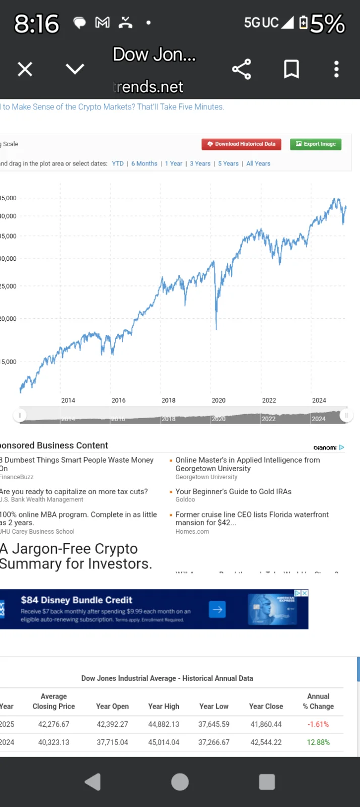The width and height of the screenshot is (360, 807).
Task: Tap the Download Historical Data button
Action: tap(242, 144)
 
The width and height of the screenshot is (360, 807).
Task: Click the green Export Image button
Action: tap(316, 144)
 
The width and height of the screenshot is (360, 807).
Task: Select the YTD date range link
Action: tap(118, 163)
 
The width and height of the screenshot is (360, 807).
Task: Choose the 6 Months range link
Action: tap(144, 163)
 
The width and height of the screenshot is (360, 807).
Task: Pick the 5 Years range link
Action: tap(228, 163)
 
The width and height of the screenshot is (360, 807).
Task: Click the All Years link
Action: tap(258, 163)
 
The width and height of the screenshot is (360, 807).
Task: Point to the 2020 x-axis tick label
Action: tap(218, 400)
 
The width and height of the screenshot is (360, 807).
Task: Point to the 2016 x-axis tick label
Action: tap(118, 400)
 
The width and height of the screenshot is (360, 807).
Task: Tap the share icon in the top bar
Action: tap(242, 69)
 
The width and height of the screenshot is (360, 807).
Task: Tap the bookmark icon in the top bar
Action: tap(291, 69)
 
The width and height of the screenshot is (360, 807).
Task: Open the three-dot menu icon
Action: tap(336, 69)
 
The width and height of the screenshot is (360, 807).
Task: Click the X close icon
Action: tap(25, 69)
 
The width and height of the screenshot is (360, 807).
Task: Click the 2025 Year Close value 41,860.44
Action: tap(266, 724)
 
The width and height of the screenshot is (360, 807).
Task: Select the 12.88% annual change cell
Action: tap(318, 742)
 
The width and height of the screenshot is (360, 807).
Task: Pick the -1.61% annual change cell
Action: tap(318, 724)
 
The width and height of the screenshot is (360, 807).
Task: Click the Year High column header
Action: tap(163, 706)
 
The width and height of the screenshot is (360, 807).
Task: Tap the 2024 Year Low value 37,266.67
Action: tap(214, 742)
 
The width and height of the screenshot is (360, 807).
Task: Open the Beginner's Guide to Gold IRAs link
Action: tap(233, 492)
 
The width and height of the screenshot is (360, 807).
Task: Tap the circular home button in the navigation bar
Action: tap(180, 782)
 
